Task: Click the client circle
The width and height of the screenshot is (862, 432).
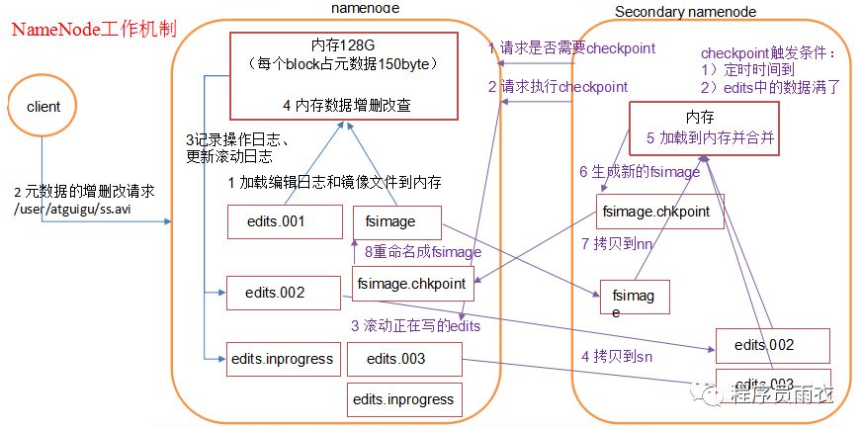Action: coord(43,107)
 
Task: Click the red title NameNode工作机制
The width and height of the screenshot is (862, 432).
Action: coord(94,28)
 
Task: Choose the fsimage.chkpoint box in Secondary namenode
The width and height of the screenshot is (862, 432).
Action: coord(659,212)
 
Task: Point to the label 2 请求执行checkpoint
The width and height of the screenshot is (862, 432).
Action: coord(558,86)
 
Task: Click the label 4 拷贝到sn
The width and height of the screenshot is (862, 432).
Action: coord(614,356)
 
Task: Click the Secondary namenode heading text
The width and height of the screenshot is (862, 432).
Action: coord(685,11)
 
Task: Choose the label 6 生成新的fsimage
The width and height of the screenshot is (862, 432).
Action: coord(640,172)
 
